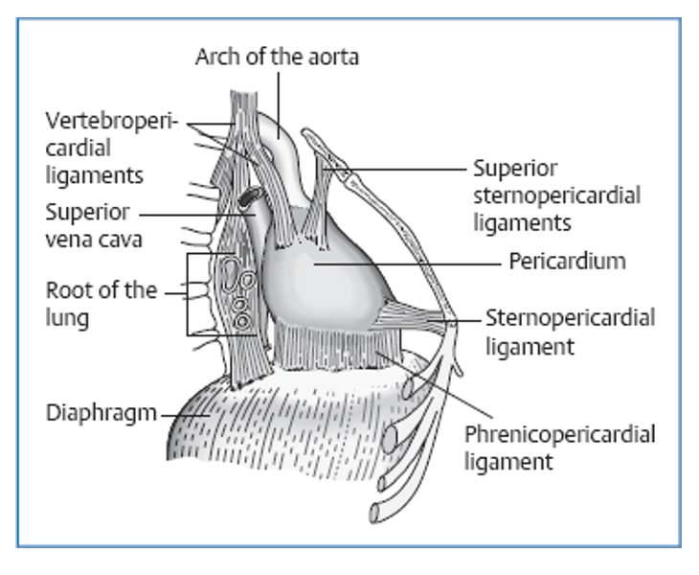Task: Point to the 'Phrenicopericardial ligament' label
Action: click(x=560, y=448)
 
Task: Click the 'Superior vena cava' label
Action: click(x=93, y=225)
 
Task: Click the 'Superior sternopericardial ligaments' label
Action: click(x=556, y=195)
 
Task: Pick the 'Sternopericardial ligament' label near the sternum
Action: click(x=570, y=331)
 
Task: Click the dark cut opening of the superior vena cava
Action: click(x=248, y=197)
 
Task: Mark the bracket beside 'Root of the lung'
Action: click(x=188, y=293)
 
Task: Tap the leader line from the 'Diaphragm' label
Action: click(x=182, y=415)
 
